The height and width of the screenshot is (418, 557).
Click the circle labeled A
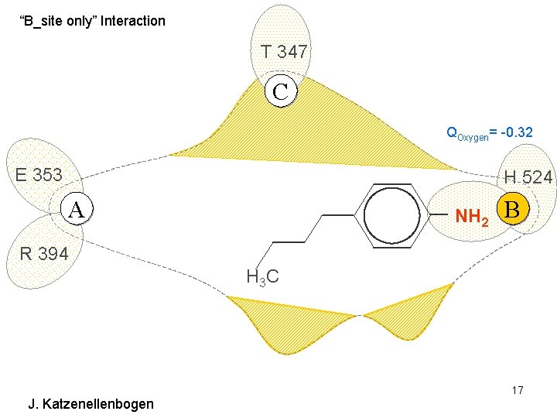(76, 207)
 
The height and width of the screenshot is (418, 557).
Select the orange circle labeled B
(515, 209)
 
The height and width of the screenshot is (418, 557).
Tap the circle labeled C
(280, 91)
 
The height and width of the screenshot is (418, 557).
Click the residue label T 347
(284, 53)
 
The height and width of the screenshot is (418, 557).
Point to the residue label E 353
(39, 174)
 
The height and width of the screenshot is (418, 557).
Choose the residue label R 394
(43, 253)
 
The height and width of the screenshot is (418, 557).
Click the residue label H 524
(528, 177)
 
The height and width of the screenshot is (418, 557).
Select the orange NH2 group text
(471, 218)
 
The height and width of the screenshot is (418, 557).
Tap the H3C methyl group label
(262, 276)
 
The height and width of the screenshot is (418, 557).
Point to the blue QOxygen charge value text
(489, 133)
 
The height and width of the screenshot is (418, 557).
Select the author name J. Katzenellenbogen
(91, 403)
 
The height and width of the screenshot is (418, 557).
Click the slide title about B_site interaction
(92, 21)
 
